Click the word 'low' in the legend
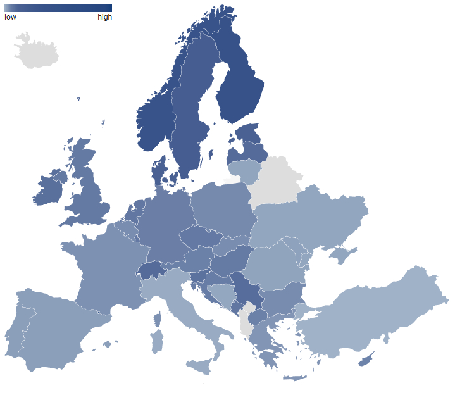(10, 17)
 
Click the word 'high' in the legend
(104, 17)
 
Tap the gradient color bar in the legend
(58, 8)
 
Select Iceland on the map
(36, 53)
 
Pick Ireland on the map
(49, 189)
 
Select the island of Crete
(295, 378)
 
